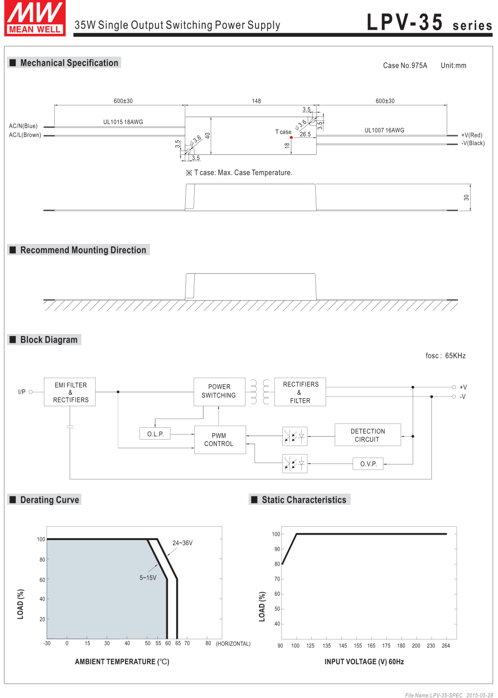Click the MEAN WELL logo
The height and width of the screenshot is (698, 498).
[35, 18]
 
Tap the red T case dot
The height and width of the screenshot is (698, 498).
[291, 137]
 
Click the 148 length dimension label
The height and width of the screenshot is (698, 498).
[256, 101]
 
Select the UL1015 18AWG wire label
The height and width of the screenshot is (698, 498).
[123, 122]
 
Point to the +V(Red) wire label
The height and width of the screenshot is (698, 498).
[472, 135]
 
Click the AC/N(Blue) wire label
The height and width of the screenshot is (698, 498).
[23, 126]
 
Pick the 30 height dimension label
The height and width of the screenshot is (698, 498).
[466, 197]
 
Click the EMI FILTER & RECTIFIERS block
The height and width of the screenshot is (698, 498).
[70, 392]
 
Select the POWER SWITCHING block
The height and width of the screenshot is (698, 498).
[220, 392]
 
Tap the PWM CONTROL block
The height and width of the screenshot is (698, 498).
[220, 440]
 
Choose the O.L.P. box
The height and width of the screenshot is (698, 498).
[155, 434]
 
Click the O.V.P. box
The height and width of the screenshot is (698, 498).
[368, 464]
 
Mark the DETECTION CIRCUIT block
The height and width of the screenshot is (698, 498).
[368, 435]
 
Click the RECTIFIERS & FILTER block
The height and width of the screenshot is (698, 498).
[300, 392]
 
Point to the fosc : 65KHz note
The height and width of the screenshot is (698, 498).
[445, 355]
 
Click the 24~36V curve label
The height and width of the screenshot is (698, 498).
[182, 543]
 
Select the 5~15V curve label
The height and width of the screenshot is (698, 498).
[148, 578]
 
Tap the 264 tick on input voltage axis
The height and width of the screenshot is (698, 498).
[446, 646]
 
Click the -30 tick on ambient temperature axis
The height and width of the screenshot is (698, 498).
[47, 643]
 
